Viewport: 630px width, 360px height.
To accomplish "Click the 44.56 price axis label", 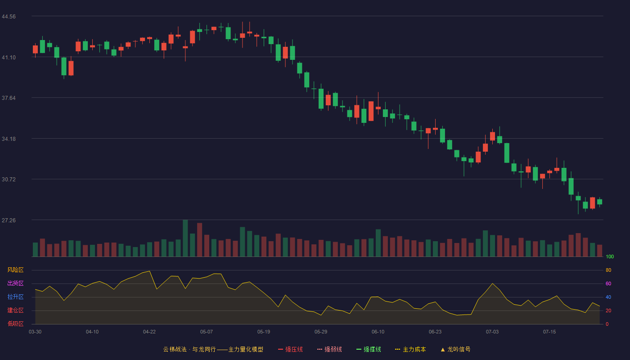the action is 9,17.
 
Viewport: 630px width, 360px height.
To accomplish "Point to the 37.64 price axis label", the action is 9,98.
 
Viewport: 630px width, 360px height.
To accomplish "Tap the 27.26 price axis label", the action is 9,220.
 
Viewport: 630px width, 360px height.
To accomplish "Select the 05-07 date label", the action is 207,332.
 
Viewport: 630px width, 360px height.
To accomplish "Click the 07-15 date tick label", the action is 549,332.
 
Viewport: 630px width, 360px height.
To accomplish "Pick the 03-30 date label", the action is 35,332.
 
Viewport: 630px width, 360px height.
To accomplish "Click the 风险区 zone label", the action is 15,270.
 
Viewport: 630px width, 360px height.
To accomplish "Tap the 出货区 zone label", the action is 15,283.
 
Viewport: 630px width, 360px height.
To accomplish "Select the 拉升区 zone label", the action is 15,297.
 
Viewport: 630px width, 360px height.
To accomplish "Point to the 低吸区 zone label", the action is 15,324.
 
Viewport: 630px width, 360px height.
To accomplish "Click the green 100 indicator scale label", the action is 610,256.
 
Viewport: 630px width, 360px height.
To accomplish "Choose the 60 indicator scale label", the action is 608,283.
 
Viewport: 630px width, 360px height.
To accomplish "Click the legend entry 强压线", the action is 290,349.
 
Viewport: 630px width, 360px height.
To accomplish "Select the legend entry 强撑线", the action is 369,349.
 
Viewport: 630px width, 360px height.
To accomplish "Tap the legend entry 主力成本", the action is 410,349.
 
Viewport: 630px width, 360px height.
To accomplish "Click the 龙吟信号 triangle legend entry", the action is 455,349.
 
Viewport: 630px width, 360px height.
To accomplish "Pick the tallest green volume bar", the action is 185,238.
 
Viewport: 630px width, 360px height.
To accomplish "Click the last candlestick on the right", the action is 599,202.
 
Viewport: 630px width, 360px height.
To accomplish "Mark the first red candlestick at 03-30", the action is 35,49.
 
